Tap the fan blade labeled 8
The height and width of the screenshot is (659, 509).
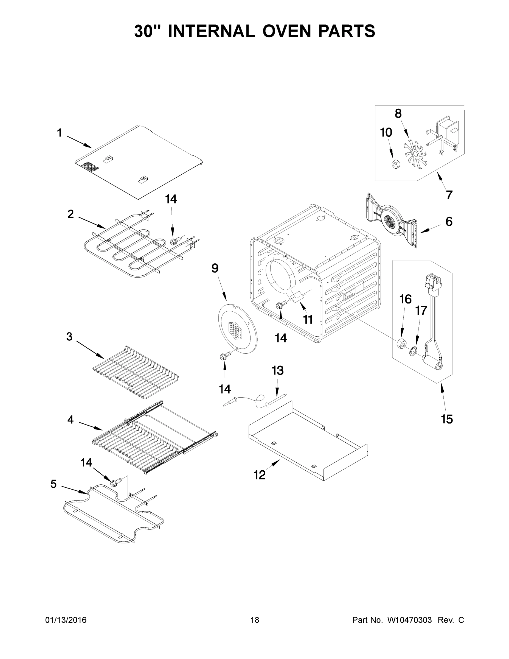point(415,155)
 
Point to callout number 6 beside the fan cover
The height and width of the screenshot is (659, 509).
point(449,222)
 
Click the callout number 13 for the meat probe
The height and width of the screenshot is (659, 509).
point(277,370)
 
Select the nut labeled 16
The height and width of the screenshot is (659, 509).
point(401,344)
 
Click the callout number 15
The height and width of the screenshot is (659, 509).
point(447,419)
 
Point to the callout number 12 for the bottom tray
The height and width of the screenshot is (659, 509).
point(260,475)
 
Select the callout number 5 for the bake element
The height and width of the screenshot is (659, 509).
point(54,484)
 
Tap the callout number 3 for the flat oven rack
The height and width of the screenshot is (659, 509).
point(69,336)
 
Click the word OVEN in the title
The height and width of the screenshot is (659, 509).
point(286,31)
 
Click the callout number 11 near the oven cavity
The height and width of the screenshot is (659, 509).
point(308,319)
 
